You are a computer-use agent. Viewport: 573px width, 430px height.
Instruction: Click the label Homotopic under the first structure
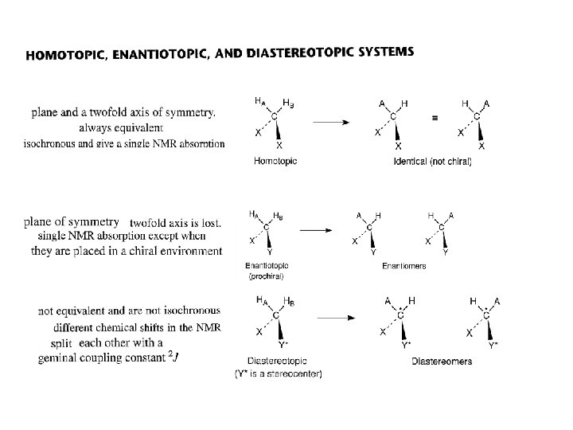[275, 161]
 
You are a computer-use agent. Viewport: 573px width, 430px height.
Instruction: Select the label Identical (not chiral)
[433, 162]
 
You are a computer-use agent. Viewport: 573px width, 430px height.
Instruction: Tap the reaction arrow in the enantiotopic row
[317, 229]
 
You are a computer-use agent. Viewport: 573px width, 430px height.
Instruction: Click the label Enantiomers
[403, 266]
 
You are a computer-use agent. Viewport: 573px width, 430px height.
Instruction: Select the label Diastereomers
[442, 362]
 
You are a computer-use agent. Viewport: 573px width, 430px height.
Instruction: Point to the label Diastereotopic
[277, 362]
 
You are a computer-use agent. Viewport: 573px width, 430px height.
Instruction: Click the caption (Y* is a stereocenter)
[278, 374]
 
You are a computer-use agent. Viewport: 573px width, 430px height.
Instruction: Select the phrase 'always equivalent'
[122, 127]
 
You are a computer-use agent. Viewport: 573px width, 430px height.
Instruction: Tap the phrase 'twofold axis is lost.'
[175, 224]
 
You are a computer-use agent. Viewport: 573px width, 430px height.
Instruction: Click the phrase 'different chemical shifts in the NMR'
[137, 327]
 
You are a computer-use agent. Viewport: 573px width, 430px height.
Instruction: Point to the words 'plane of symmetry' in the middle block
[72, 221]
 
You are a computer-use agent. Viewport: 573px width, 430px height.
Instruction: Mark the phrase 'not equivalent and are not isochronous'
[130, 311]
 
